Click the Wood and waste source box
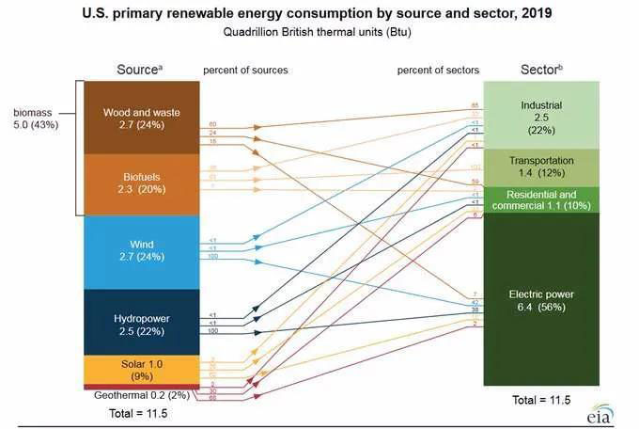point(141,118)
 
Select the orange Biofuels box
point(141,183)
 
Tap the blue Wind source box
point(141,251)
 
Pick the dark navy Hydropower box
point(141,323)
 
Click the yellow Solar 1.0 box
point(141,369)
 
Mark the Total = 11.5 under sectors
point(540,400)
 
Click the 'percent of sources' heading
point(245,71)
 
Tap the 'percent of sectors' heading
point(439,71)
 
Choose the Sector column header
point(539,71)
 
